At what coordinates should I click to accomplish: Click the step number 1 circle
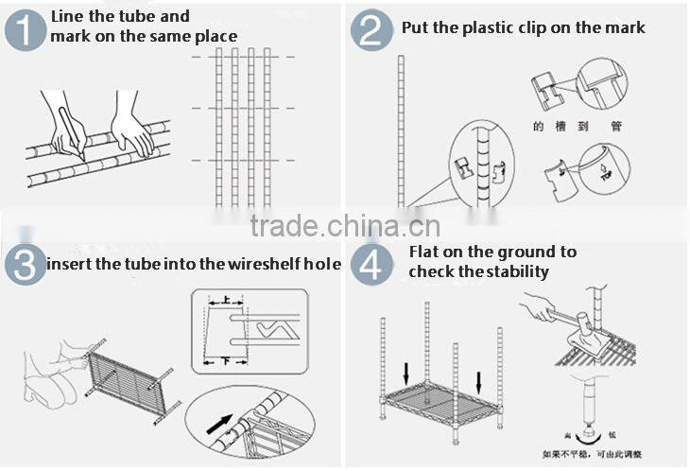[26, 27]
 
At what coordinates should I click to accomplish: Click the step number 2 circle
[371, 29]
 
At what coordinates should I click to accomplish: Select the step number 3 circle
[25, 263]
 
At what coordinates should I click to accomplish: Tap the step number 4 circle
[371, 263]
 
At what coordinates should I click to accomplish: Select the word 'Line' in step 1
[68, 16]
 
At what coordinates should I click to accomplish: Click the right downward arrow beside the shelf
[479, 383]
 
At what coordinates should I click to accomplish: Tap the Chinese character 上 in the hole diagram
[226, 300]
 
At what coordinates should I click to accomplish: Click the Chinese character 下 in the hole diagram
[224, 361]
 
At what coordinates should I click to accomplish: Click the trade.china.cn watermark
[345, 227]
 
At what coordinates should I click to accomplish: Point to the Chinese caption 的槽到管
[577, 125]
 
